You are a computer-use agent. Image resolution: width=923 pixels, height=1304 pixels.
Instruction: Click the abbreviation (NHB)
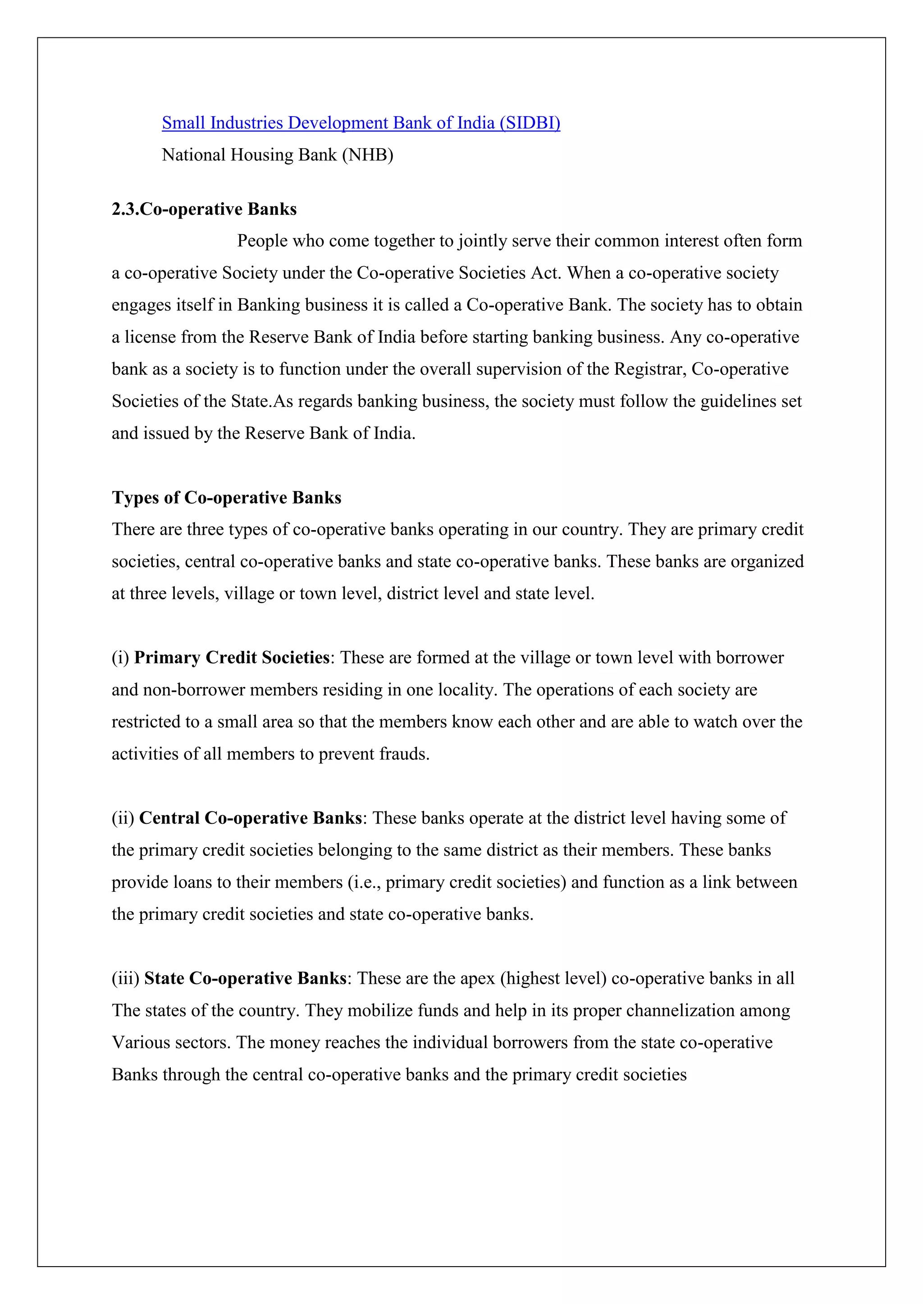tap(367, 154)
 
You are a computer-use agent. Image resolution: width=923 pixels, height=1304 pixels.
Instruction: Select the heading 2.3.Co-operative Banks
tap(204, 209)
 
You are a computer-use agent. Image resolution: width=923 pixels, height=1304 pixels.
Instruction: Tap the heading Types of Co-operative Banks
tap(226, 498)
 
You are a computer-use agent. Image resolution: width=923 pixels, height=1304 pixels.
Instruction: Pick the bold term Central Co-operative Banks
tap(251, 818)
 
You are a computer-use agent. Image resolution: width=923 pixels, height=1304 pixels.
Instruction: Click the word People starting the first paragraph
tap(262, 241)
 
